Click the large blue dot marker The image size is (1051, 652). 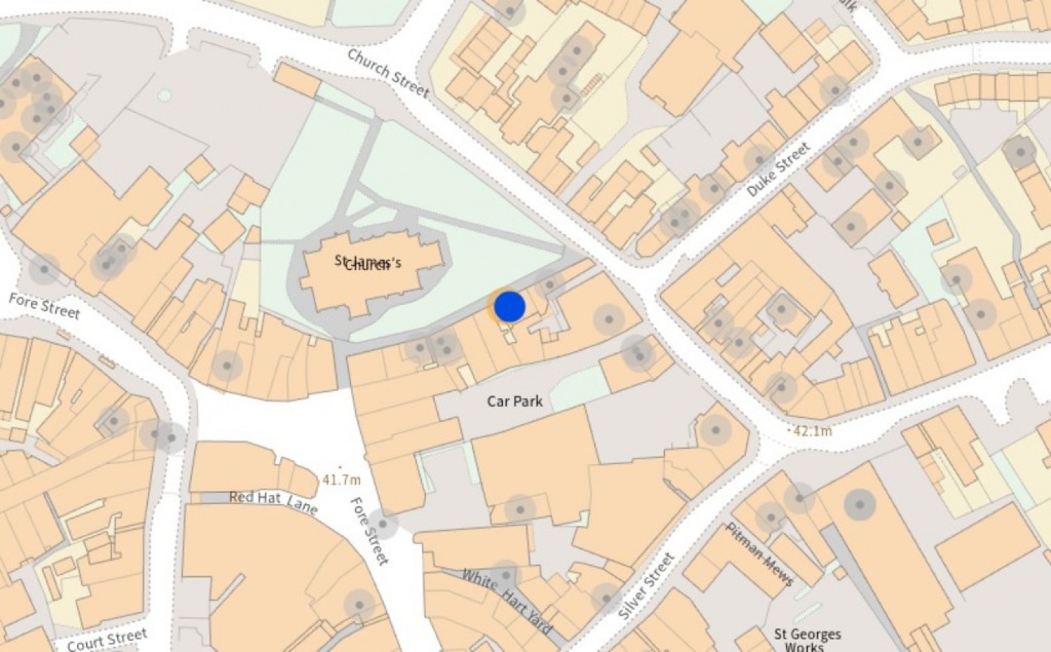pyautogui.click(x=509, y=307)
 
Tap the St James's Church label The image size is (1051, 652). pyautogui.click(x=368, y=264)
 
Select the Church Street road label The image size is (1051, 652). pyautogui.click(x=387, y=72)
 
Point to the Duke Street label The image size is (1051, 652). pyautogui.click(x=778, y=169)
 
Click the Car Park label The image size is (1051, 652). pyautogui.click(x=515, y=401)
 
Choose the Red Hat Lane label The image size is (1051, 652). pyautogui.click(x=273, y=501)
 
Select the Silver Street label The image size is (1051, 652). pyautogui.click(x=646, y=585)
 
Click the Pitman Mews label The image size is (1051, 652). pyautogui.click(x=760, y=555)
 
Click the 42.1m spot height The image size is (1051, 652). pyautogui.click(x=812, y=430)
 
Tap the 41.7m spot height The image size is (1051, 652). pyautogui.click(x=341, y=480)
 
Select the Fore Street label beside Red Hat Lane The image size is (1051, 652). pyautogui.click(x=369, y=531)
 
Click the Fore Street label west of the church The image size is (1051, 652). pyautogui.click(x=44, y=306)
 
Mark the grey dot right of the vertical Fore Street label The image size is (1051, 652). pyautogui.click(x=383, y=524)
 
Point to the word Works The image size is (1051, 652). pyautogui.click(x=804, y=647)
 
